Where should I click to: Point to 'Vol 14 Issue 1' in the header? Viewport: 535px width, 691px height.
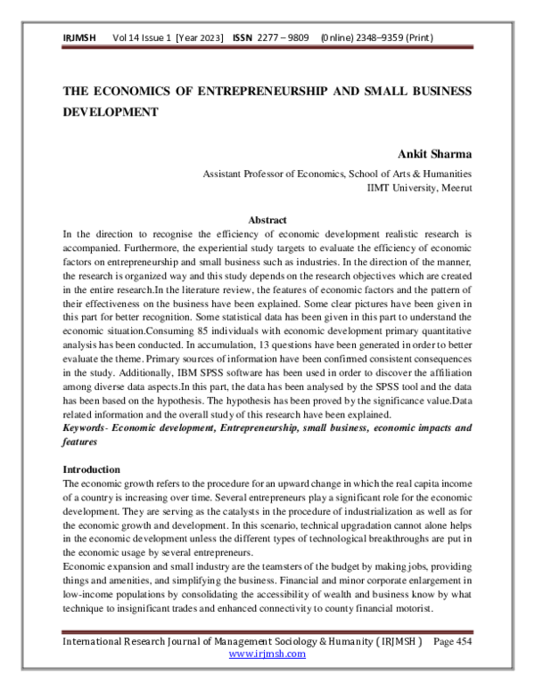(x=141, y=39)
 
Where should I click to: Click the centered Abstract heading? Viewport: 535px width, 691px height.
(x=267, y=220)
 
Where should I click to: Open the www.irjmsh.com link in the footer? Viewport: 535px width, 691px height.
(x=267, y=654)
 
